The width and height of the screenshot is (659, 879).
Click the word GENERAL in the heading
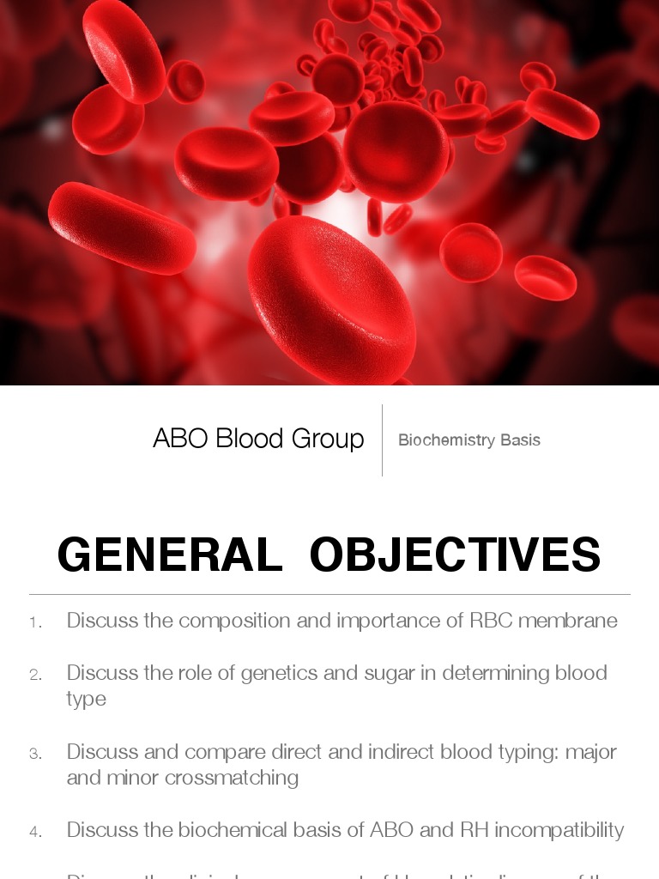tap(170, 555)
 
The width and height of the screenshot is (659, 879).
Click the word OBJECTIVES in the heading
tap(455, 555)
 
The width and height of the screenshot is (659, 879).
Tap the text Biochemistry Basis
tap(469, 440)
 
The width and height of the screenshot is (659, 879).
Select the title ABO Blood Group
tap(258, 439)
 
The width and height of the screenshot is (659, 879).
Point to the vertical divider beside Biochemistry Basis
tap(382, 439)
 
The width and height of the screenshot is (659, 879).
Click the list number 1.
tap(35, 622)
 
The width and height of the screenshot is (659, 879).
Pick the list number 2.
tap(35, 675)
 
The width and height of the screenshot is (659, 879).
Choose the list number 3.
tap(35, 754)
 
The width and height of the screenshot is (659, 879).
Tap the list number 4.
tap(35, 832)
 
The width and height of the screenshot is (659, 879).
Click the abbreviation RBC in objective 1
tap(488, 621)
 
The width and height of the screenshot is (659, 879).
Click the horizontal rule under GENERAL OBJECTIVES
tap(329, 594)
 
